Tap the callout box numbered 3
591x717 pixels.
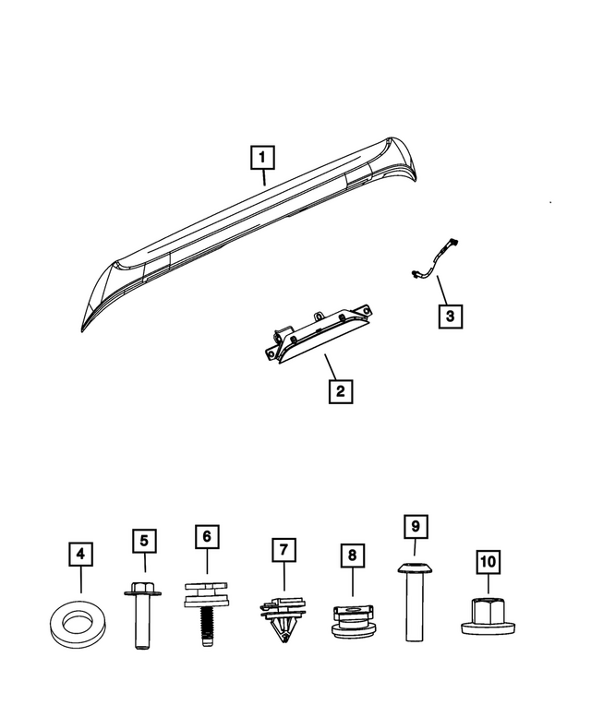[450, 317]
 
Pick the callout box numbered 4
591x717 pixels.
[81, 555]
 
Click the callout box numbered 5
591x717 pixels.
[144, 540]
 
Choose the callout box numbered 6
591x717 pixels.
[207, 535]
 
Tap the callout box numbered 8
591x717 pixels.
[351, 556]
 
